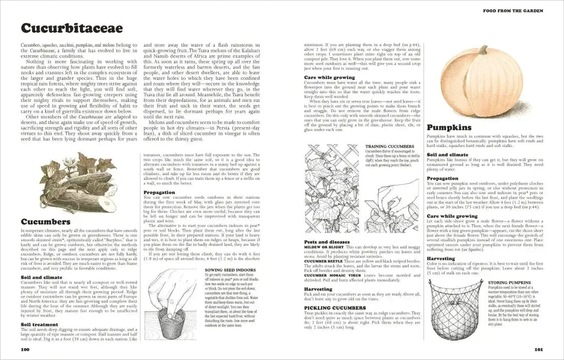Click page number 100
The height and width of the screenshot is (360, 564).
click(x=25, y=349)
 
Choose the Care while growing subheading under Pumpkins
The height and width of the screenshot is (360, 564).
click(x=452, y=216)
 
